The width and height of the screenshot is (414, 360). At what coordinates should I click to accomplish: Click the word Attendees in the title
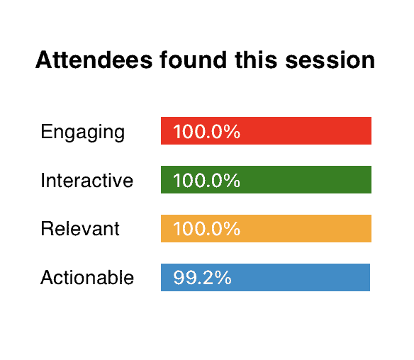pyautogui.click(x=94, y=60)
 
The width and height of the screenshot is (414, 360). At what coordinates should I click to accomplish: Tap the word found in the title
pyautogui.click(x=194, y=60)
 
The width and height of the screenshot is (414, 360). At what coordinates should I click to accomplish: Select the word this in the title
pyautogui.click(x=256, y=60)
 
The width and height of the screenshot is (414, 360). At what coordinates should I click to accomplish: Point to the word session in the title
pyautogui.click(x=330, y=61)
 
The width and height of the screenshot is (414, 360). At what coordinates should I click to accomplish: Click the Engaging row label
pyautogui.click(x=83, y=133)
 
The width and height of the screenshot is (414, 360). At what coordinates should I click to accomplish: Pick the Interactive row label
pyautogui.click(x=87, y=180)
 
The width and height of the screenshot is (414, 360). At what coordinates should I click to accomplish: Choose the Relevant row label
pyautogui.click(x=80, y=229)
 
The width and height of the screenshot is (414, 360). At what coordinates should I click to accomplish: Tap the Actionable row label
pyautogui.click(x=87, y=277)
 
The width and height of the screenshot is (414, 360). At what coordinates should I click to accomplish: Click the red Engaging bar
pyautogui.click(x=266, y=130)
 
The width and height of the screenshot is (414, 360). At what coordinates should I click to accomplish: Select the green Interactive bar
pyautogui.click(x=266, y=179)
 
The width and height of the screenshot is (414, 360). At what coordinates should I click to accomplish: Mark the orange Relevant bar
pyautogui.click(x=266, y=228)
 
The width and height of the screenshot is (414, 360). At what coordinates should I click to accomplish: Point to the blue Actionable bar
pyautogui.click(x=265, y=277)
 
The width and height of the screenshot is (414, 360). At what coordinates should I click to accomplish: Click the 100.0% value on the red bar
pyautogui.click(x=207, y=131)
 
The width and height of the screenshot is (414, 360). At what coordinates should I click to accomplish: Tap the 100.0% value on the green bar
pyautogui.click(x=207, y=180)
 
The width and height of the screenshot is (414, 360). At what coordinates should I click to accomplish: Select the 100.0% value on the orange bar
pyautogui.click(x=207, y=229)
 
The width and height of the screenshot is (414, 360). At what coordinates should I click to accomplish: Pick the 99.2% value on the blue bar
pyautogui.click(x=203, y=277)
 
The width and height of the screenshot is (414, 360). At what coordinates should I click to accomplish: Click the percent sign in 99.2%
pyautogui.click(x=223, y=277)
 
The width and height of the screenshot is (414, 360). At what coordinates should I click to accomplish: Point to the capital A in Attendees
pyautogui.click(x=44, y=60)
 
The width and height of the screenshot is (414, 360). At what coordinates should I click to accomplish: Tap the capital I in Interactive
pyautogui.click(x=43, y=180)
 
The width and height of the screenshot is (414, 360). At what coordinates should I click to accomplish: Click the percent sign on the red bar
pyautogui.click(x=232, y=131)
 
